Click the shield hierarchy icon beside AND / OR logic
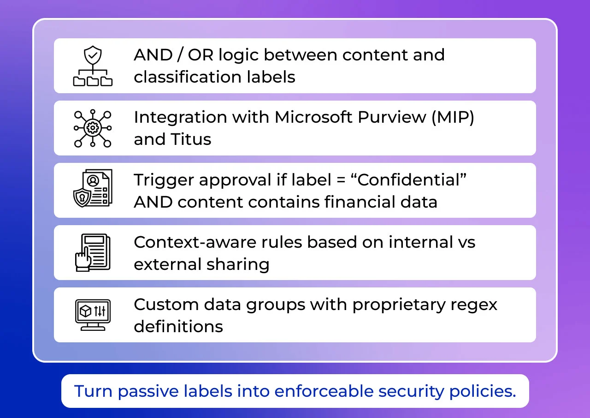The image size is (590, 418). (93, 66)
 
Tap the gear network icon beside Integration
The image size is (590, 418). (93, 128)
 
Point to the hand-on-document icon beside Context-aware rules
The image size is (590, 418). (93, 252)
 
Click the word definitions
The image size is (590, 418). (178, 326)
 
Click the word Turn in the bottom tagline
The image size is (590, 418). (94, 391)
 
